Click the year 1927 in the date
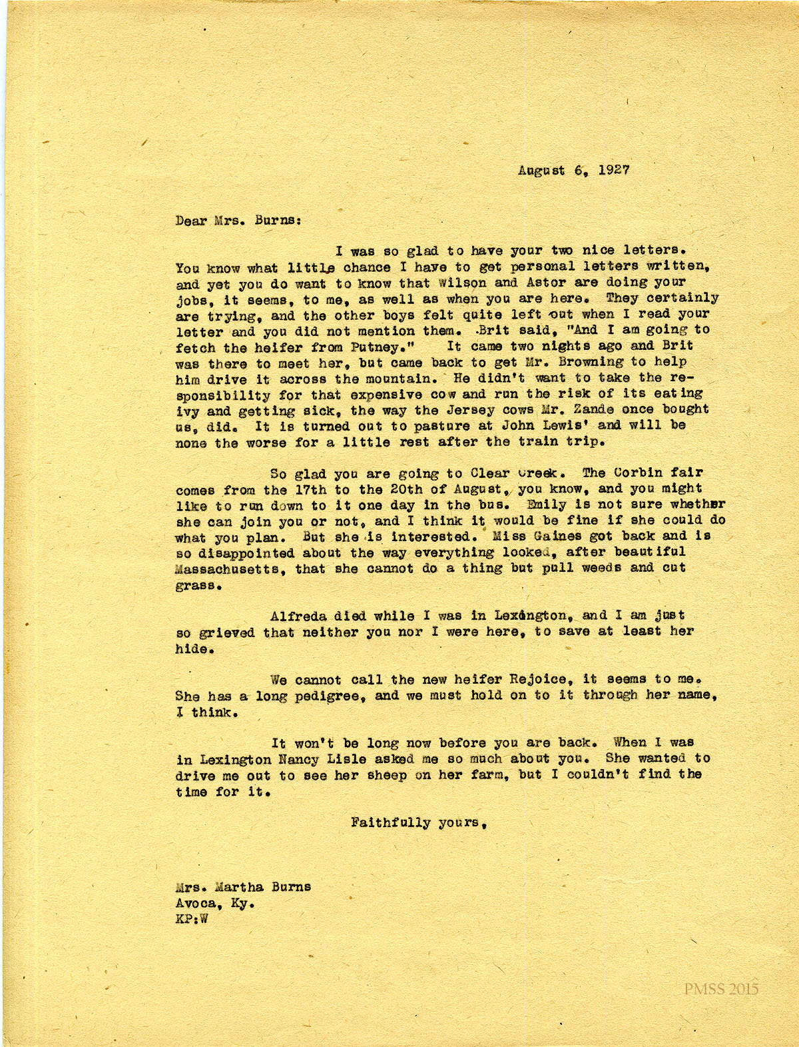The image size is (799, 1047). (x=613, y=169)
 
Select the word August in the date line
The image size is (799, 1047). (x=541, y=170)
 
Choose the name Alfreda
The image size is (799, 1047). (x=298, y=616)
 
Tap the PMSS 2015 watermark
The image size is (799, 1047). (x=721, y=989)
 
